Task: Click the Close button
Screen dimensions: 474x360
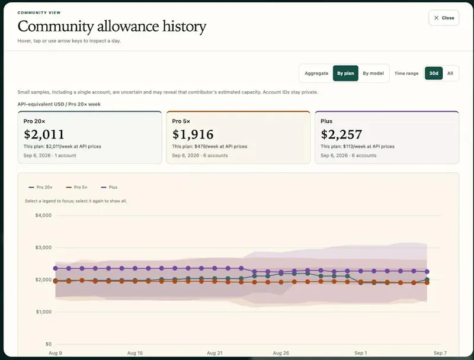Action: [444, 18]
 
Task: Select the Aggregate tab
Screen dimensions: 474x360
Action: [316, 73]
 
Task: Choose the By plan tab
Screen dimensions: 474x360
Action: [345, 73]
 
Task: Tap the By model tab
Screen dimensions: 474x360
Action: [373, 73]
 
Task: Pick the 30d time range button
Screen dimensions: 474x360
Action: [434, 73]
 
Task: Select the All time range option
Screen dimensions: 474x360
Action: [450, 73]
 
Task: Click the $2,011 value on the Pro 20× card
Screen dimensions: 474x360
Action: [44, 134]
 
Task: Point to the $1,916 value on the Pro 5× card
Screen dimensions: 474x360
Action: [193, 134]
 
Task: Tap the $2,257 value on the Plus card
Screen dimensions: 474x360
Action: [341, 134]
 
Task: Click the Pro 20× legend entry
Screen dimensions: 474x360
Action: [40, 187]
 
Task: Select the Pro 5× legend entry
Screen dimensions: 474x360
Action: [77, 187]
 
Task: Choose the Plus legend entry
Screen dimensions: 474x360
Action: [109, 187]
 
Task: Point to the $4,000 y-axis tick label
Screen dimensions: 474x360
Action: [43, 216]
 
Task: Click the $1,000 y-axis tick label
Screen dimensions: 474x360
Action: [43, 311]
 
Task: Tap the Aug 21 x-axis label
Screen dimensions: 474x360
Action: [214, 353]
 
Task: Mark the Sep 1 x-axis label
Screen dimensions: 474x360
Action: [361, 353]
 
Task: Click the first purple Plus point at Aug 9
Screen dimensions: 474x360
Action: [55, 268]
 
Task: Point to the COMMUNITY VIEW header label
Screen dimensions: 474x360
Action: [39, 12]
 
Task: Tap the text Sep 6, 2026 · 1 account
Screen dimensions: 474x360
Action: [50, 156]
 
